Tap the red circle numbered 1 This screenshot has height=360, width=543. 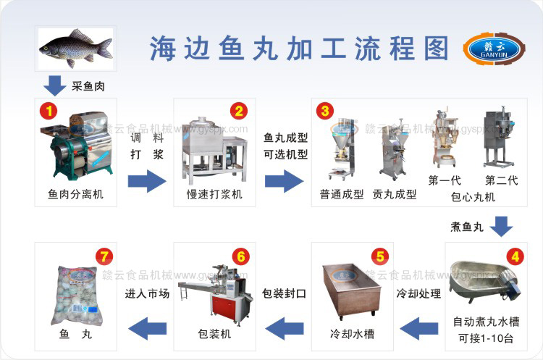click(x=49, y=112)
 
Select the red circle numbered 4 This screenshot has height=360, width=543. click(x=515, y=255)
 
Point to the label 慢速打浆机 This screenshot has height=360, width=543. click(x=215, y=194)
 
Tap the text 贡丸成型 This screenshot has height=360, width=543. click(x=395, y=194)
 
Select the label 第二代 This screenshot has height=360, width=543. click(x=501, y=180)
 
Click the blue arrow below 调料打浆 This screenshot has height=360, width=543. click(x=147, y=180)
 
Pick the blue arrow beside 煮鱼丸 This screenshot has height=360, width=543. click(x=502, y=227)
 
